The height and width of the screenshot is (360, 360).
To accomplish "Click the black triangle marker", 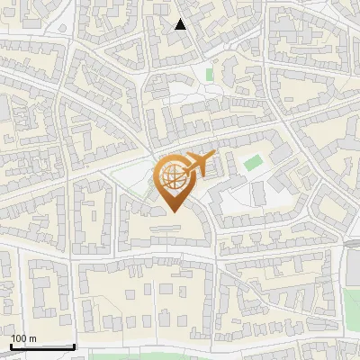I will [x=181, y=24].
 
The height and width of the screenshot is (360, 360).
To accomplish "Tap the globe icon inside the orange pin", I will [x=172, y=175].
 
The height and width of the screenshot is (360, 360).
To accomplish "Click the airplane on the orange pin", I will [x=200, y=165].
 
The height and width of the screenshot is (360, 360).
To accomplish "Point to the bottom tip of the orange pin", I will [x=173, y=211].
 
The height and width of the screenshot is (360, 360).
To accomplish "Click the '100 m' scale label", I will [x=23, y=338].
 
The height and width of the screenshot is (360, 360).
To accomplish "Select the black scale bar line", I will [x=42, y=346].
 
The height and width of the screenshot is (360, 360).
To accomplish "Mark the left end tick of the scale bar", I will [x=12, y=345].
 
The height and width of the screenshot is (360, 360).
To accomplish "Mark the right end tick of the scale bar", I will [x=74, y=345].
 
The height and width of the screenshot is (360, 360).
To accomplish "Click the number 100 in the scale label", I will [x=19, y=338].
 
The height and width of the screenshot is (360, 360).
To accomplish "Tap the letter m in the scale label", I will [x=32, y=338].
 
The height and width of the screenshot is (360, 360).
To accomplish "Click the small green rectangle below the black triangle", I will [x=210, y=74].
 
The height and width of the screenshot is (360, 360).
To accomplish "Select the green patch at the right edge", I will [x=352, y=301].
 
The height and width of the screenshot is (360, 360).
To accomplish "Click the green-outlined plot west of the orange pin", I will [x=135, y=184].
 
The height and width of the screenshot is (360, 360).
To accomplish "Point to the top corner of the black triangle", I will [x=181, y=18].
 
